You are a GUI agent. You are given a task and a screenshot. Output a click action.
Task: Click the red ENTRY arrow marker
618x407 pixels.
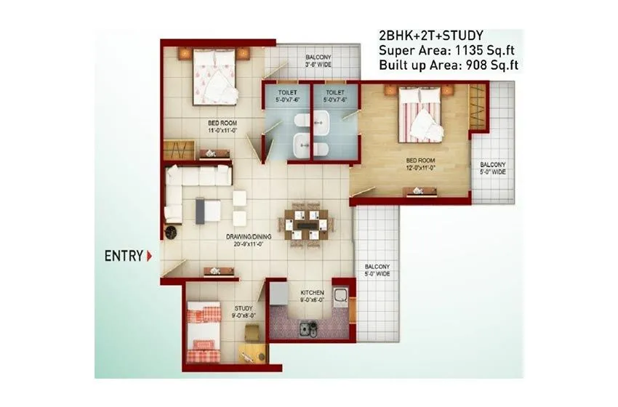click(x=149, y=256)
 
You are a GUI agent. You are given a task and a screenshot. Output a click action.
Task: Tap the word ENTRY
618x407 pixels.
click(x=124, y=256)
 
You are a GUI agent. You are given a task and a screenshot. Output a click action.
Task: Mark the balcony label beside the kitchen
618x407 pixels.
click(x=377, y=270)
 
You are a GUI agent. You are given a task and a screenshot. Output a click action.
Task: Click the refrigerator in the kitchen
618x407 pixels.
click(x=278, y=294)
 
